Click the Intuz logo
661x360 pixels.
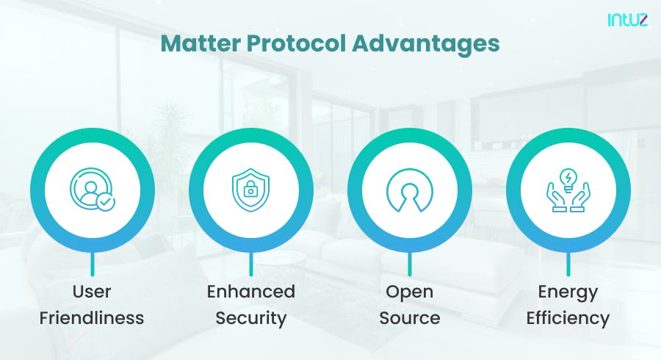coord(627,21)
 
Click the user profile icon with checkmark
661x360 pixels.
coord(93,190)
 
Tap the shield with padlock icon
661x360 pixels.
coord(251,190)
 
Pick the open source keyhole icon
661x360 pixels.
coord(409,190)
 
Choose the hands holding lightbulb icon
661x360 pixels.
coord(568,190)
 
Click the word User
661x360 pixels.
coord(93,292)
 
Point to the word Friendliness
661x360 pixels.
coord(93,318)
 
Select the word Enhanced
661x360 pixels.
coord(251,292)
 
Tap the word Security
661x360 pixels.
coord(251,318)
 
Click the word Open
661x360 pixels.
coord(409,292)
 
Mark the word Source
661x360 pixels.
coord(409,318)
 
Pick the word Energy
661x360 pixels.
coord(568,292)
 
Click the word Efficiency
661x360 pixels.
coord(568,318)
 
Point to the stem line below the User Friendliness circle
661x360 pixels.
coord(93,264)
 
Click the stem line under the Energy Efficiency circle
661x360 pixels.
coord(568,264)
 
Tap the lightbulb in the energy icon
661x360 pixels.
coord(568,179)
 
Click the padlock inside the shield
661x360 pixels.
coord(251,192)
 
